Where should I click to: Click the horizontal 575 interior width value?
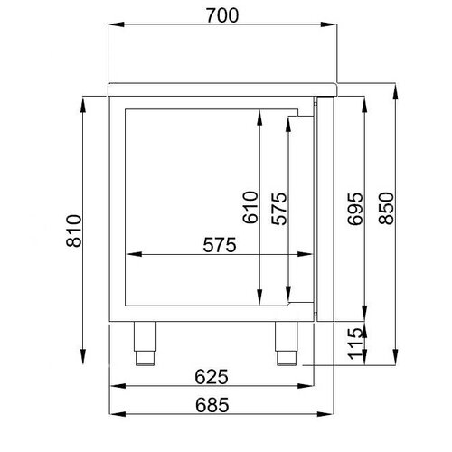tap(219, 244)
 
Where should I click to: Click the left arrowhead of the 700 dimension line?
tap(111, 28)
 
